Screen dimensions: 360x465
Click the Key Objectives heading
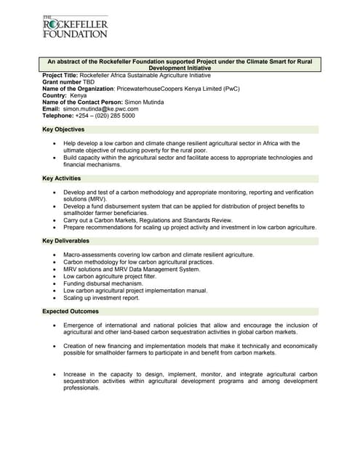[63, 129]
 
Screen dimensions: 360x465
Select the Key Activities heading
[62, 178]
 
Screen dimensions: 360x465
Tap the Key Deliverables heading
[66, 240]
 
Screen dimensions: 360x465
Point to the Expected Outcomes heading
[71, 311]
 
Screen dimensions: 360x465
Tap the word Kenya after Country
[78, 96]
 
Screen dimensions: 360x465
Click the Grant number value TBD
[89, 83]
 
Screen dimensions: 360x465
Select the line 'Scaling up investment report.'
[101, 298]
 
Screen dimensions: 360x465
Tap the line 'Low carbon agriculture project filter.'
[111, 276]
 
